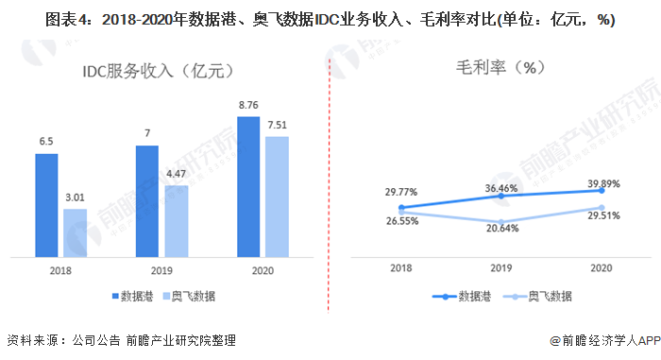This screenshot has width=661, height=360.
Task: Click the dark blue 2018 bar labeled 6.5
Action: (x=46, y=205)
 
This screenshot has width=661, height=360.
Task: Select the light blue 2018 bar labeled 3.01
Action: (x=76, y=232)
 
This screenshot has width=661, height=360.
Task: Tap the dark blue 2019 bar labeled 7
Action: (x=147, y=201)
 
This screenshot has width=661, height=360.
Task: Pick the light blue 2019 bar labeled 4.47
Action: (x=177, y=221)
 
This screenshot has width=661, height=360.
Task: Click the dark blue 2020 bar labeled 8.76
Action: (x=248, y=186)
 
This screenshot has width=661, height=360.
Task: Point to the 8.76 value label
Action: (x=248, y=106)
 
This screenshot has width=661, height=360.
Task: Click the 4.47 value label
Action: (x=177, y=174)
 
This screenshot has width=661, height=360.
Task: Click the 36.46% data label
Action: (x=501, y=188)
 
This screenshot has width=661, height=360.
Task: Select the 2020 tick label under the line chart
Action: (x=601, y=268)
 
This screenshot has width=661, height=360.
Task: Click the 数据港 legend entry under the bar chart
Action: (x=134, y=296)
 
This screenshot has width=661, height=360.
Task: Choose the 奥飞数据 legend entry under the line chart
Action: (x=536, y=296)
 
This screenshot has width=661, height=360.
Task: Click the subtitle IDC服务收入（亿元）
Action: (x=156, y=69)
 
